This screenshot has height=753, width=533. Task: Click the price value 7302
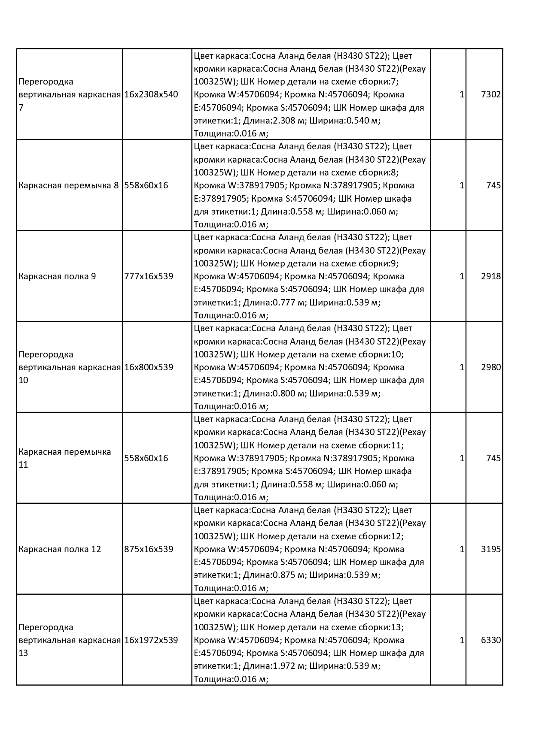(491, 94)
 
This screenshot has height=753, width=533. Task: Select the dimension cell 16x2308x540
(151, 94)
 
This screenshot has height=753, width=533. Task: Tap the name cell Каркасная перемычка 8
(69, 185)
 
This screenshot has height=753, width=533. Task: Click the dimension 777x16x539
(149, 276)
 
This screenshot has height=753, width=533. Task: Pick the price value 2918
(491, 276)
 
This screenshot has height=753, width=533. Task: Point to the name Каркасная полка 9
(57, 276)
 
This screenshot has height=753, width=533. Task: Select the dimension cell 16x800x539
(149, 367)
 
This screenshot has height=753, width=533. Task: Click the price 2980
(491, 367)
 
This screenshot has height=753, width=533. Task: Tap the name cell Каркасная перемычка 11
(65, 458)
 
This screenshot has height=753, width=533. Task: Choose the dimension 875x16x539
(149, 549)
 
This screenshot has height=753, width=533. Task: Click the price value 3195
(491, 549)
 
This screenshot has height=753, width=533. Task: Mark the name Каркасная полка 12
(60, 549)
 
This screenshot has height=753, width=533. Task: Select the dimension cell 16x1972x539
(151, 640)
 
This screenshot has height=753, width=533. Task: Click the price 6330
(491, 640)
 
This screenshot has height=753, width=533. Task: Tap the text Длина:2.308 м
(274, 121)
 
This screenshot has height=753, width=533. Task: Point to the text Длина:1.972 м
(274, 666)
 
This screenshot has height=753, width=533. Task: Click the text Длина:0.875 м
(274, 575)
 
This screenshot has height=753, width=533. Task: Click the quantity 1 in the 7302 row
(462, 94)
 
